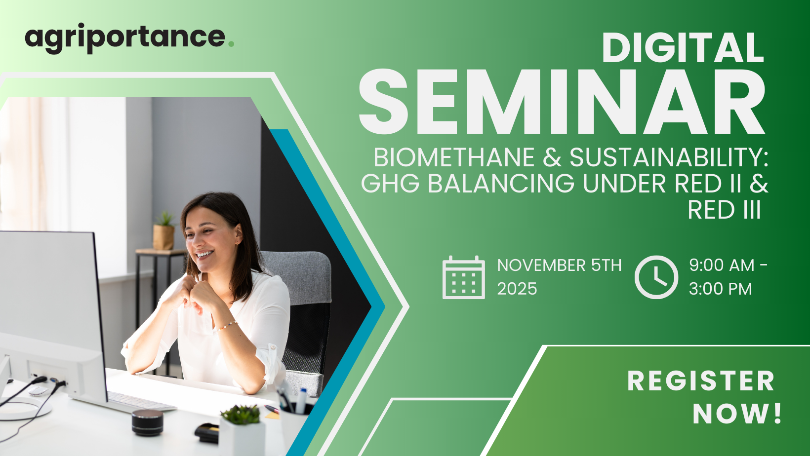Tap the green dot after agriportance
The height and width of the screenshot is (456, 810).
click(231, 44)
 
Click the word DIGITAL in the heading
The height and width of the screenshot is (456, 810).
click(683, 48)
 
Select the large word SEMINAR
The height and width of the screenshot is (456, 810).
click(562, 102)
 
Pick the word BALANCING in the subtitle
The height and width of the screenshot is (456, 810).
click(501, 184)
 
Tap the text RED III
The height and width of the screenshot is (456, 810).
click(724, 210)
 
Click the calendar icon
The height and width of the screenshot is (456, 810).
click(464, 277)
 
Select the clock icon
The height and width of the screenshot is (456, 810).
click(656, 277)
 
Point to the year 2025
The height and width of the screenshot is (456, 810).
click(517, 289)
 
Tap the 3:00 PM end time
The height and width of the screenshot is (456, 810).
click(720, 289)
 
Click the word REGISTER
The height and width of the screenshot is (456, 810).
click(701, 381)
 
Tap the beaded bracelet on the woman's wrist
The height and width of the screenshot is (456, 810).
click(226, 326)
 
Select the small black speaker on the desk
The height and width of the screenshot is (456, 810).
click(147, 422)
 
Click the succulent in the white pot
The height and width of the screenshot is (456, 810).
click(241, 415)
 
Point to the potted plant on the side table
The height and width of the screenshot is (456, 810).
click(164, 231)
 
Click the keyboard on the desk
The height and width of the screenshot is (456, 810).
click(141, 401)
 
